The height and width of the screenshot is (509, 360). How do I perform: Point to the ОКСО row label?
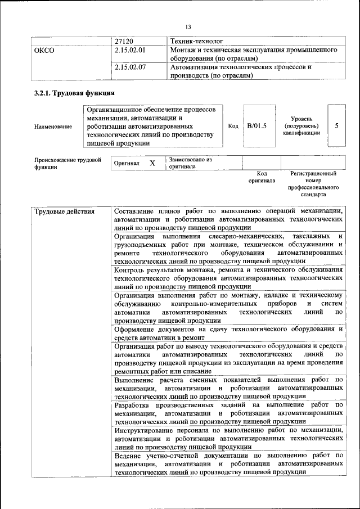click(x=44, y=51)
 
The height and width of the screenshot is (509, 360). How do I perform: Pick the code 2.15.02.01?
click(x=130, y=51)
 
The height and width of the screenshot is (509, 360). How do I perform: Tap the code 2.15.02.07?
click(x=130, y=67)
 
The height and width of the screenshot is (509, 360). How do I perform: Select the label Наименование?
click(x=53, y=127)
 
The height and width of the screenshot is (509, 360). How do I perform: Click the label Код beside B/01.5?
click(x=233, y=126)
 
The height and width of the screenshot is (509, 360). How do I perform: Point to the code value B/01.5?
click(x=256, y=126)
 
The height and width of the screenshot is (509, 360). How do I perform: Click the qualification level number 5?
click(x=336, y=126)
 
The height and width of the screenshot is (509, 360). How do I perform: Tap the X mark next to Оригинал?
click(x=152, y=163)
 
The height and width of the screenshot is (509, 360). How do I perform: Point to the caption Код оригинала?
click(x=262, y=177)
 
